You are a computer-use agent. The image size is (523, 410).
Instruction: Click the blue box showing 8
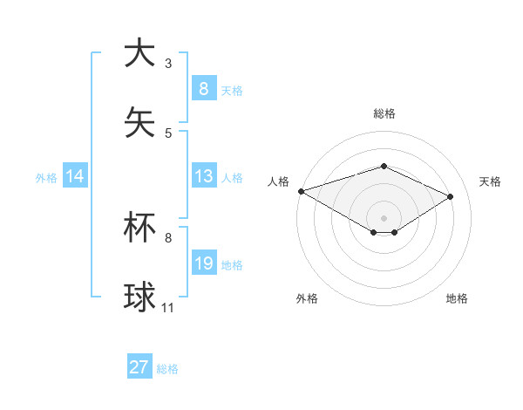203,88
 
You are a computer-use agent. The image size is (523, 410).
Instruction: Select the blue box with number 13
203,177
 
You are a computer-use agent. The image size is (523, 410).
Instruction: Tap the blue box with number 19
203,264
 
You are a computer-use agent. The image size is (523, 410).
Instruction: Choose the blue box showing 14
75,177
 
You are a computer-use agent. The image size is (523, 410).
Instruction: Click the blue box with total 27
139,367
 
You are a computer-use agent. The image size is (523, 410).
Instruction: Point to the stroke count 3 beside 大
168,64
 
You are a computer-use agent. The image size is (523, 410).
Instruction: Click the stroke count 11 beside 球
168,308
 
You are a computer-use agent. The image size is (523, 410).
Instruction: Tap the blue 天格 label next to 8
232,90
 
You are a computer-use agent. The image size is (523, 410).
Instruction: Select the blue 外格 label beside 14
46,178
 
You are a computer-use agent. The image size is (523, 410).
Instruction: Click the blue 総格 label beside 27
167,369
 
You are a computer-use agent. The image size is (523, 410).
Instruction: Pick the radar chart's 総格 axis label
384,113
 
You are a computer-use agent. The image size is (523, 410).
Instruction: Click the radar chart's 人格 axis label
278,181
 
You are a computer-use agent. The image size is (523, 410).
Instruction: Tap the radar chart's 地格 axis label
457,298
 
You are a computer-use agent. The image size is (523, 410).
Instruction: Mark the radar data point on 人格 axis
301,191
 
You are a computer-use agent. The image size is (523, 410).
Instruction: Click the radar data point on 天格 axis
451,196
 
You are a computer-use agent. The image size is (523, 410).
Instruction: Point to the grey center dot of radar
384,217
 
